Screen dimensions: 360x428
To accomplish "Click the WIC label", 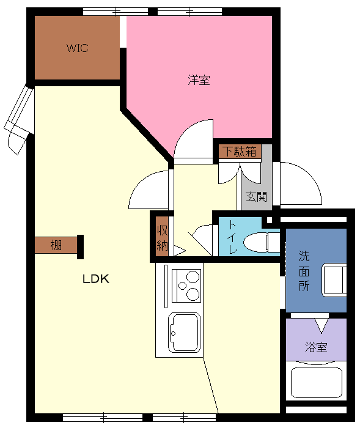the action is [77, 48].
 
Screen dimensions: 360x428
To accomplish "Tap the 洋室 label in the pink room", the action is [199, 80].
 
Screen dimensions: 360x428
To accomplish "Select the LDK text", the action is [96, 279].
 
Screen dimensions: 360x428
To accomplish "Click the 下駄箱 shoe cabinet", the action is [240, 151].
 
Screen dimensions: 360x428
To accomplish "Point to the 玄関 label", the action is [256, 196].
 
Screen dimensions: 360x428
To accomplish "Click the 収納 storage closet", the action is [162, 237].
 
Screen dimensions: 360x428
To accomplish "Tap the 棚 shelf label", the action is [56, 245].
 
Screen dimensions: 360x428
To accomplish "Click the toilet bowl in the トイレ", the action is [255, 242].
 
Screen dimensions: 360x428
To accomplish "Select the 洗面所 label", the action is [304, 271].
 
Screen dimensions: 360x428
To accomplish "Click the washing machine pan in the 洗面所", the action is [334, 280].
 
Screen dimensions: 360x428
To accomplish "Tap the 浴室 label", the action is [316, 347].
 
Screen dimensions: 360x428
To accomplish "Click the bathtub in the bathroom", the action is [317, 382].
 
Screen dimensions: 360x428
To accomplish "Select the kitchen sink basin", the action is [185, 332].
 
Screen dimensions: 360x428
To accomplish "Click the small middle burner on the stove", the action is [182, 286].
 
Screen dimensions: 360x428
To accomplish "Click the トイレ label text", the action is [232, 237].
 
